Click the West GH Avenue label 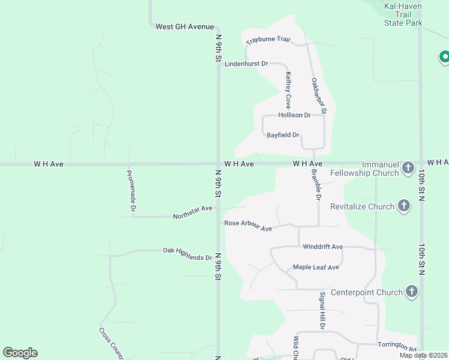point(184,27)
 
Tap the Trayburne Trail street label point(268,40)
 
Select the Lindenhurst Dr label point(246,64)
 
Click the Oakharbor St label point(319,95)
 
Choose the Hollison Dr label point(294,115)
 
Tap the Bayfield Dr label point(283,135)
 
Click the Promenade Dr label point(130,191)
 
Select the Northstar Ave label point(193,212)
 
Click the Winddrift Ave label point(322,247)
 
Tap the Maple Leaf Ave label point(316,267)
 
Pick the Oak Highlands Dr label point(187,253)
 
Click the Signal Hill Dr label point(322,310)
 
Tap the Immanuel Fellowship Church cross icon point(408,167)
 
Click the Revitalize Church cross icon point(404,206)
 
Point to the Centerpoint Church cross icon point(412,292)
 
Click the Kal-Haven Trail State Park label point(403,14)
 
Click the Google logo point(20,353)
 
